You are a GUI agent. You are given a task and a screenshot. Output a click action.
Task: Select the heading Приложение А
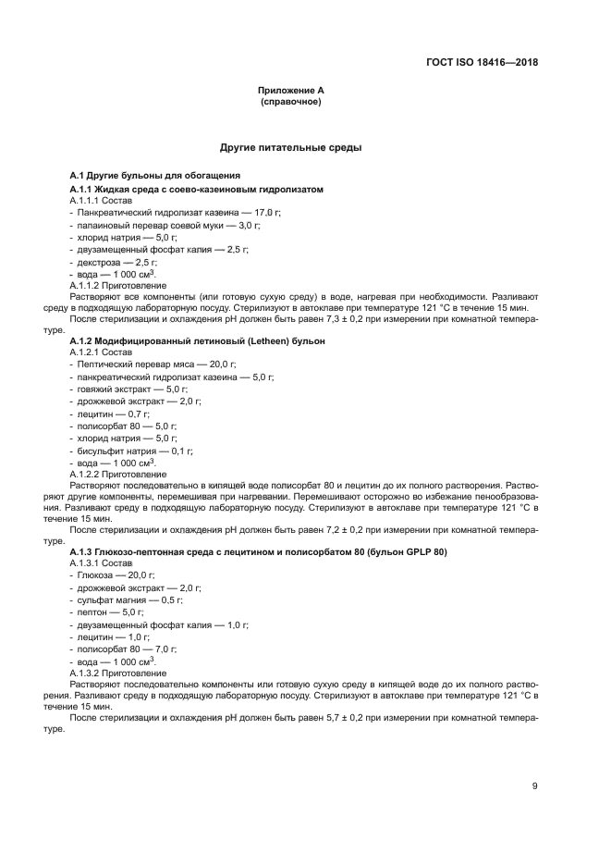(x=290, y=91)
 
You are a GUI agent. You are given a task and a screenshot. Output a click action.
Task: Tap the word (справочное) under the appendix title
(x=290, y=102)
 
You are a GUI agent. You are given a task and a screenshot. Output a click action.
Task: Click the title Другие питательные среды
(x=290, y=147)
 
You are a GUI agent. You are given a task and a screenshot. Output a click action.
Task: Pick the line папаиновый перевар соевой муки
(x=153, y=225)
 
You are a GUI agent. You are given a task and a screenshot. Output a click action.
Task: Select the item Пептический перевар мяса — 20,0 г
(x=153, y=365)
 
